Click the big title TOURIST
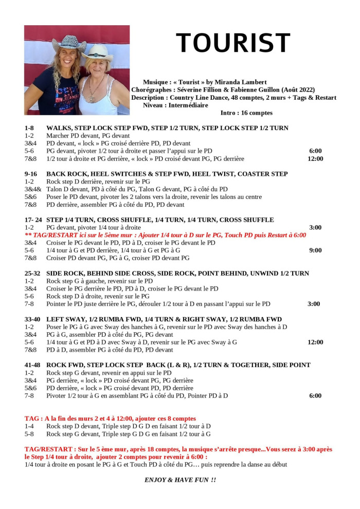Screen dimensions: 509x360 click(233, 43)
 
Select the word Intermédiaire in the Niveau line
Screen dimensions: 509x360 click(188, 105)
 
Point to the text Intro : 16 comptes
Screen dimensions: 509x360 click(246, 113)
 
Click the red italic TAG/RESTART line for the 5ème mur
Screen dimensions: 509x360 click(165, 235)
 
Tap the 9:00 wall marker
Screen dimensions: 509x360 click(315, 250)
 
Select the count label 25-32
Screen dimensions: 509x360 click(33, 273)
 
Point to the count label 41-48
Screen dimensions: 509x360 click(33, 365)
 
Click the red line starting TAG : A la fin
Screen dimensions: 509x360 click(110, 419)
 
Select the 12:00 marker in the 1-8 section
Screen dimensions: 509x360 click(315, 159)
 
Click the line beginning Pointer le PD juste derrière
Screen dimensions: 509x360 click(158, 304)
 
